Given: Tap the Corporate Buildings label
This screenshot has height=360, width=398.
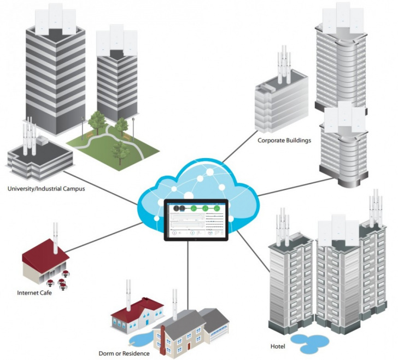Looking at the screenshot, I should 284,140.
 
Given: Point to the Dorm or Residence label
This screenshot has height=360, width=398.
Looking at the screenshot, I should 124,353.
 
